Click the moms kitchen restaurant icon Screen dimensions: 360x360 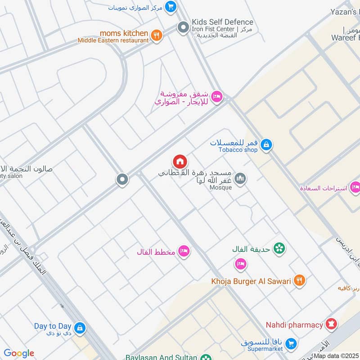coord(156,36)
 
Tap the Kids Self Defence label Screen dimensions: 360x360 coord(222,22)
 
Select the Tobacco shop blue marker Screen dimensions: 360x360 coord(266,145)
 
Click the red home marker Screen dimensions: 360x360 coord(180,162)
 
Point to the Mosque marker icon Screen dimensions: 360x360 coord(241,179)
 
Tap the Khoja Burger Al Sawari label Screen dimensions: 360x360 coord(251,281)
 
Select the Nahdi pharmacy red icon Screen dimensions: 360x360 coord(332,324)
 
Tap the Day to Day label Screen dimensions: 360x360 coord(53,326)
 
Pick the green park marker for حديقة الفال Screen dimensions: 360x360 coord(279,248)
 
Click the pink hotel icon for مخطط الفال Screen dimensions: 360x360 coord(184,251)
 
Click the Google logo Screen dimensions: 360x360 coord(19,353)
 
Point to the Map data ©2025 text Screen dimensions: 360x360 coord(336,356)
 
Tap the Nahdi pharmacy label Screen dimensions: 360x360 coord(294,324)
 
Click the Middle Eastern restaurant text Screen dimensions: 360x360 coord(113,40)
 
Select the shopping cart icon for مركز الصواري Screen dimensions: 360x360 coord(170,7)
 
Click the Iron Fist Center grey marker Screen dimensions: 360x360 coord(183,28)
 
